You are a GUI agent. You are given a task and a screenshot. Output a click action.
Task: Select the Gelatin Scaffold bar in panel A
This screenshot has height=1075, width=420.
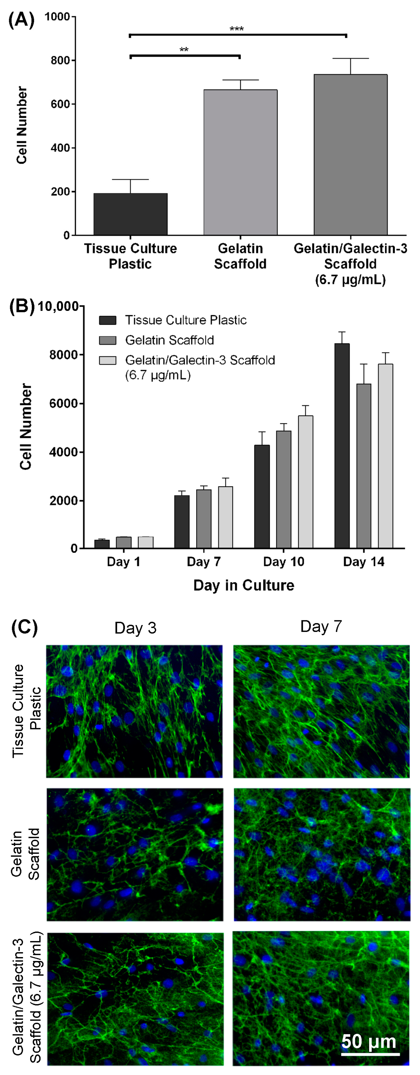click(x=240, y=163)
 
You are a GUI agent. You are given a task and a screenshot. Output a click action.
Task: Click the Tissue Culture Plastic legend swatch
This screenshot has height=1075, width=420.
click(x=107, y=320)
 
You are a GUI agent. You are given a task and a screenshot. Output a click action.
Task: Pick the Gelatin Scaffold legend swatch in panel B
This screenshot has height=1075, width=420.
click(x=107, y=340)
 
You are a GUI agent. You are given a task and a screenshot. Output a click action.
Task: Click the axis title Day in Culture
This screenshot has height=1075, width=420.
click(x=244, y=585)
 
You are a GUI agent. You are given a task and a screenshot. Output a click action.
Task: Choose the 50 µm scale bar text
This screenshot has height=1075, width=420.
click(x=369, y=1041)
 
